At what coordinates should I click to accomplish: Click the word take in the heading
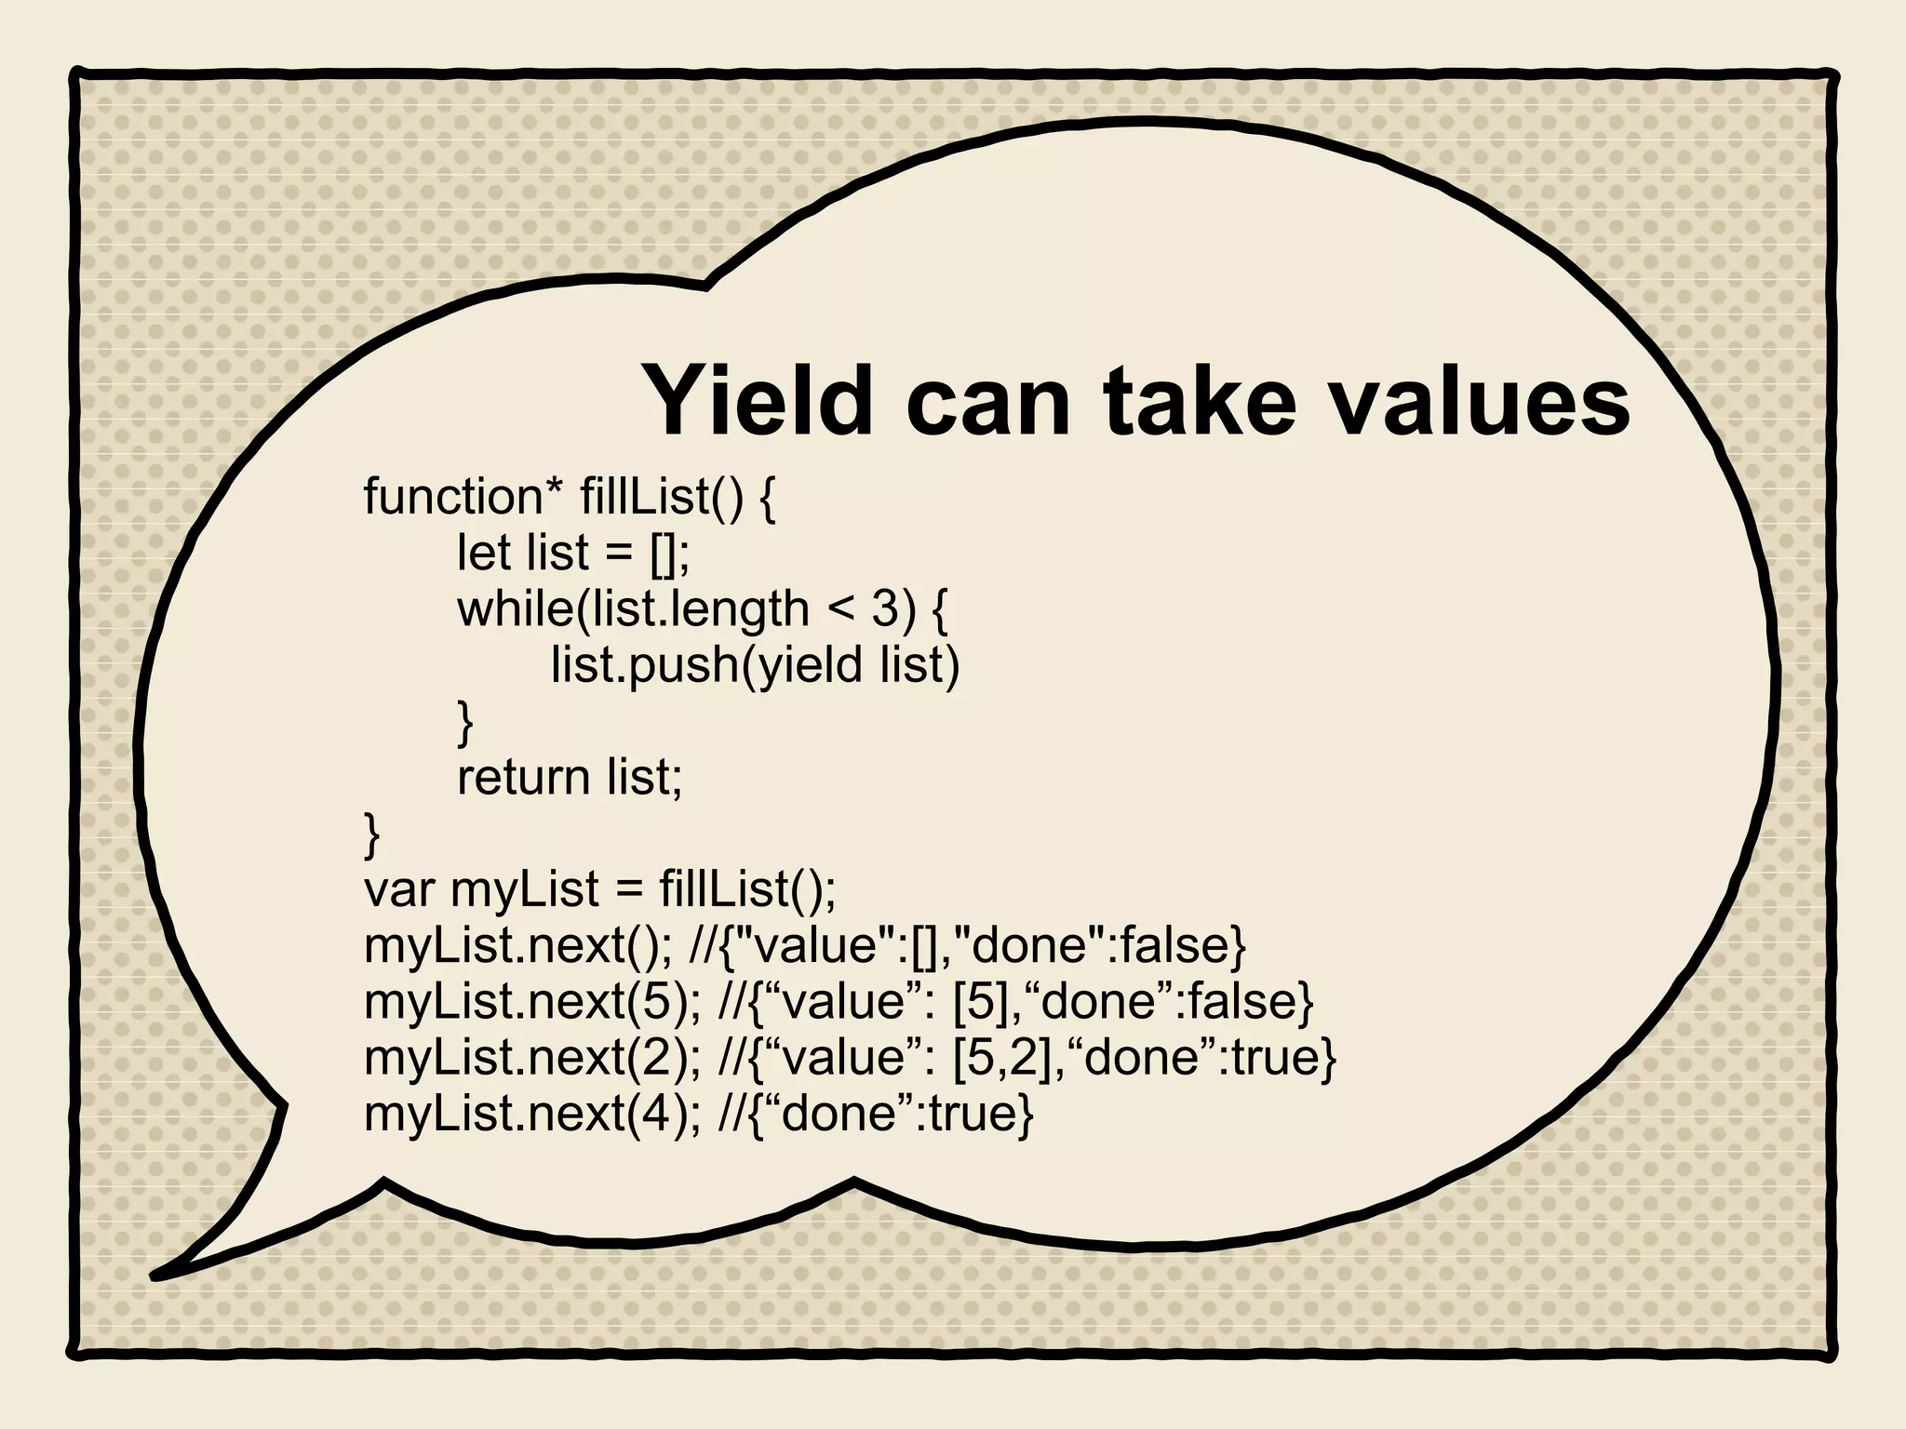click(x=1198, y=402)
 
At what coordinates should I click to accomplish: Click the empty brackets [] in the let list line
click(x=664, y=554)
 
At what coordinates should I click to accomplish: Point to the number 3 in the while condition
click(x=884, y=609)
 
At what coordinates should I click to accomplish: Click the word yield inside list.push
click(x=811, y=665)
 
